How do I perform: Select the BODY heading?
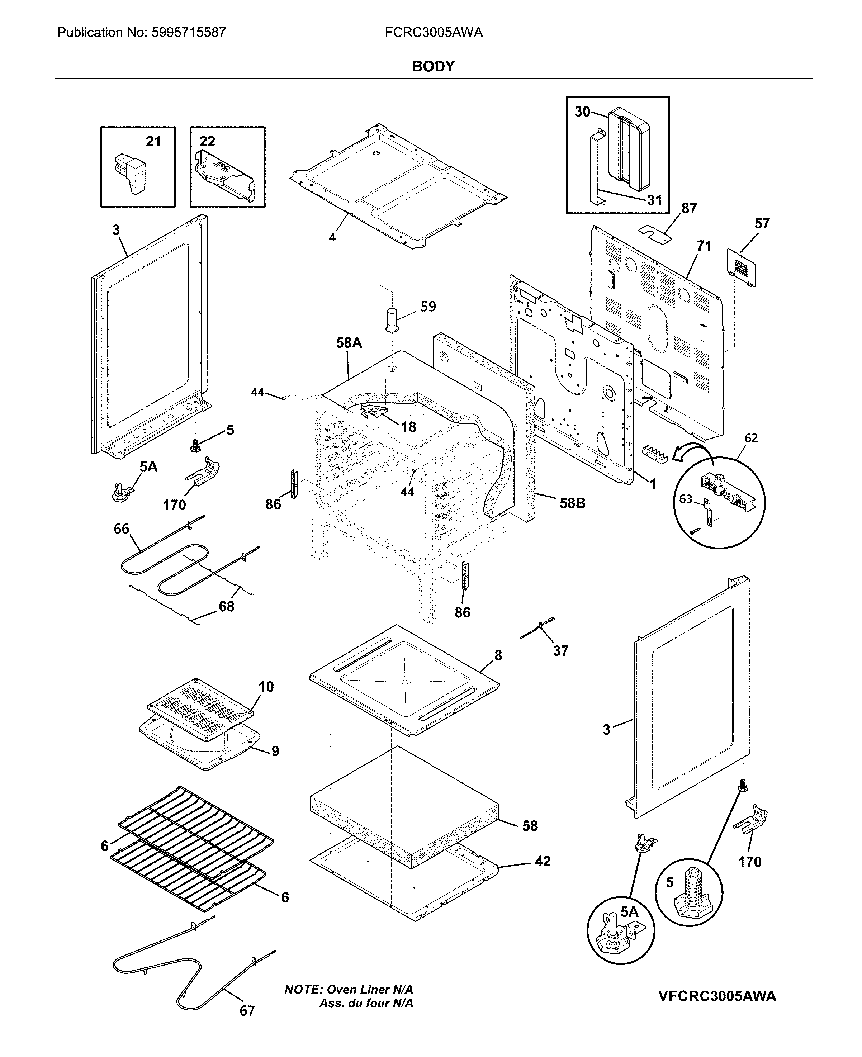(x=433, y=67)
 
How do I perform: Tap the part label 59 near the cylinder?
(x=428, y=306)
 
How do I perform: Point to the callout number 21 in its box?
(x=153, y=142)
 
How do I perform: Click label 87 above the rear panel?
(x=689, y=209)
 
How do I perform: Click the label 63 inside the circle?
(x=686, y=499)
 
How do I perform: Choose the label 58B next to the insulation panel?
(x=573, y=503)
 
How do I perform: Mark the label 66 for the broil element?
(x=122, y=529)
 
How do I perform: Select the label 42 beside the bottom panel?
(x=543, y=861)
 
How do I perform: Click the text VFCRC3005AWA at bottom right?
(x=717, y=996)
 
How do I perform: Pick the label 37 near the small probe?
(x=560, y=650)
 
